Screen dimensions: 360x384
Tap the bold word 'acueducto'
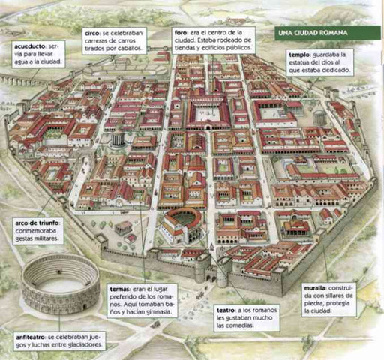click(x=30, y=47)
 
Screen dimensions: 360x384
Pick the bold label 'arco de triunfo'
click(x=37, y=223)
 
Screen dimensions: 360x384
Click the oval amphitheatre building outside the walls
click(x=59, y=283)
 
